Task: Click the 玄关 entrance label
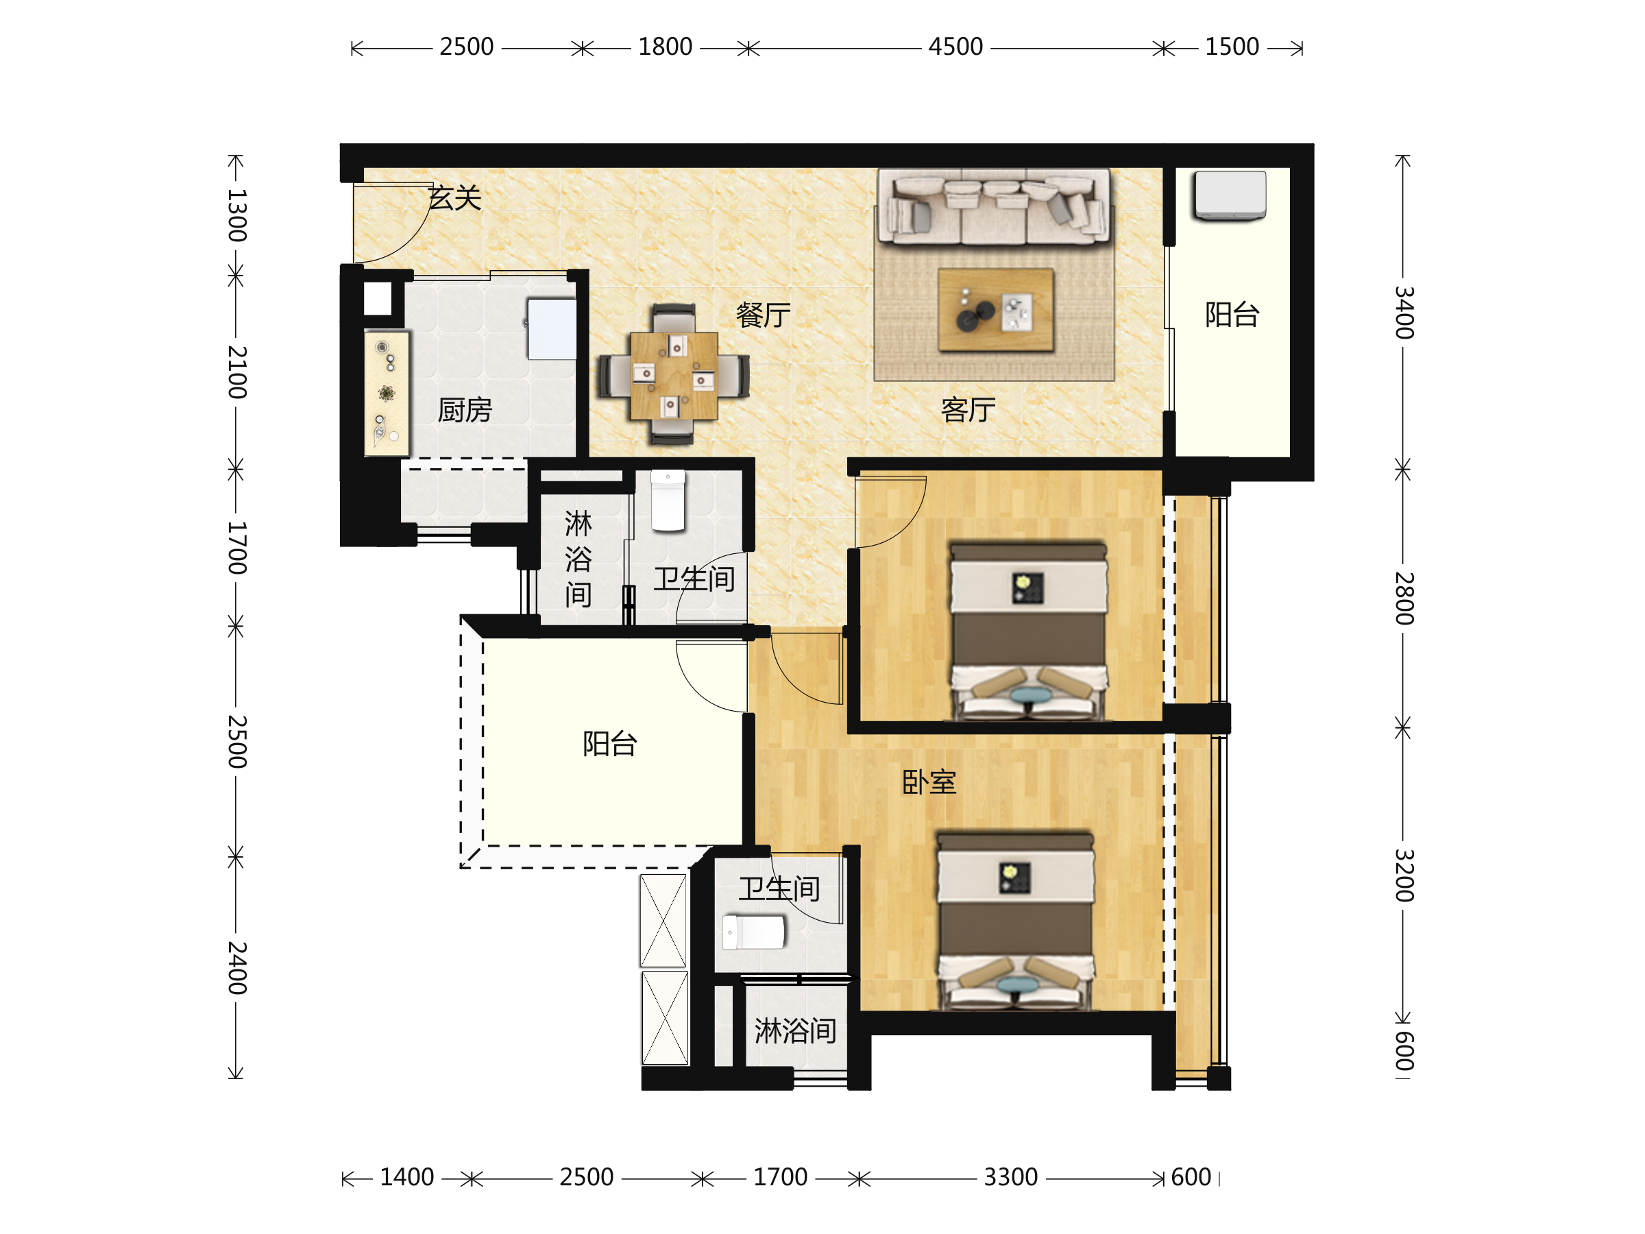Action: pyautogui.click(x=455, y=198)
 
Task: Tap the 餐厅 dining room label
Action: pyautogui.click(x=763, y=315)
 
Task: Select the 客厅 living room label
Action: pyautogui.click(x=968, y=409)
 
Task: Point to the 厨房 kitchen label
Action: pyautogui.click(x=465, y=409)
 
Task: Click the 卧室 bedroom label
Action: pyautogui.click(x=929, y=782)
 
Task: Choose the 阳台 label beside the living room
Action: pyautogui.click(x=1232, y=315)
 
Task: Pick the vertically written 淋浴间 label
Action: pyautogui.click(x=578, y=559)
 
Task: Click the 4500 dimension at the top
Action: pyautogui.click(x=955, y=47)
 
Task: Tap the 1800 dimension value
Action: pyautogui.click(x=665, y=47)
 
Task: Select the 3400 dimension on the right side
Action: pyautogui.click(x=1403, y=313)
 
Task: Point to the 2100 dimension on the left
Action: pyautogui.click(x=236, y=372)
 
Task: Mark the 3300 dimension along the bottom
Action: pyautogui.click(x=1011, y=1178)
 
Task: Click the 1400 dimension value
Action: pyautogui.click(x=406, y=1178)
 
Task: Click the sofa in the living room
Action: pyautogui.click(x=994, y=207)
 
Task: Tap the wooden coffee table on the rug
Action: pyautogui.click(x=996, y=309)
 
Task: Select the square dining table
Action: pyautogui.click(x=674, y=376)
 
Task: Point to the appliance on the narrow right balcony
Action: pyautogui.click(x=1230, y=195)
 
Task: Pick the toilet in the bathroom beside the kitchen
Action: pyautogui.click(x=668, y=500)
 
